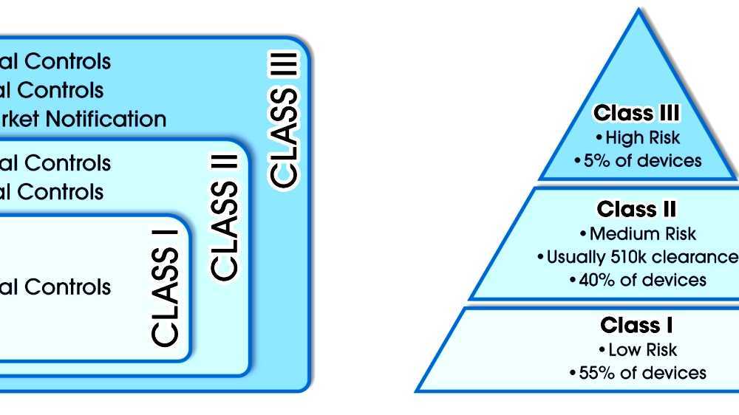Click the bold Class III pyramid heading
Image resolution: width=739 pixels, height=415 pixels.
click(x=636, y=113)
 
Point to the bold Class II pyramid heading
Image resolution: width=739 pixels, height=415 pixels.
click(x=636, y=209)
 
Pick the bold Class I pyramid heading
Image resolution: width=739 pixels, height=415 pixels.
click(x=636, y=325)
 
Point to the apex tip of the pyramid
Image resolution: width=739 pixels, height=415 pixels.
click(x=638, y=10)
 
